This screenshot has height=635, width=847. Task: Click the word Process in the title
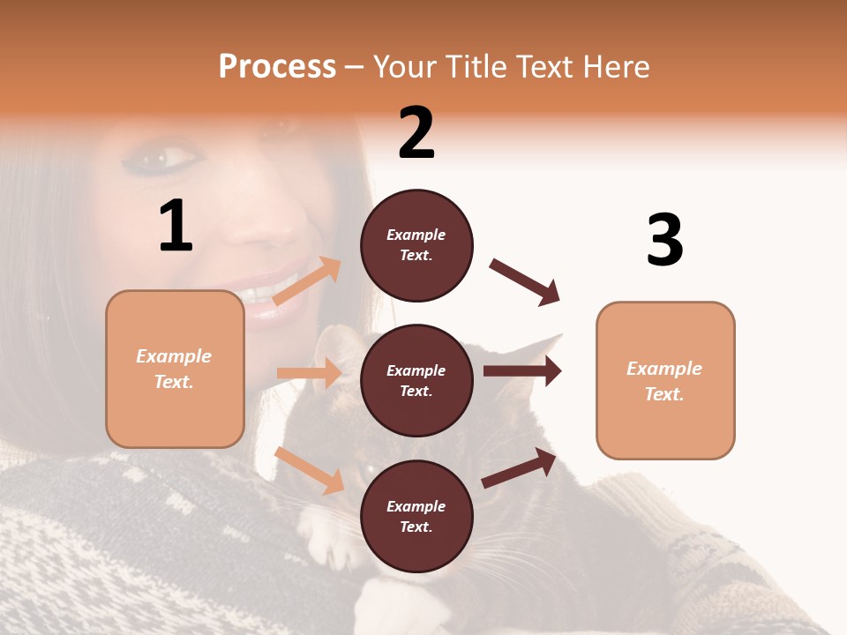click(x=277, y=67)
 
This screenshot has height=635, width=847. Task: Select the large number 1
click(x=176, y=227)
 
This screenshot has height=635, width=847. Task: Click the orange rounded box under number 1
click(x=175, y=369)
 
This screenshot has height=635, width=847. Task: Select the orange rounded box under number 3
click(x=665, y=381)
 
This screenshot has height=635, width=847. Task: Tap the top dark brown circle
click(x=416, y=245)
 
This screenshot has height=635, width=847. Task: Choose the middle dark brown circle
click(x=416, y=381)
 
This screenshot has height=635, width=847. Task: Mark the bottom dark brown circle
click(x=416, y=517)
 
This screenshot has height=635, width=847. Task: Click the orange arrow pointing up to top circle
click(x=307, y=280)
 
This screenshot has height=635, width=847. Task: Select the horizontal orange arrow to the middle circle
click(x=310, y=373)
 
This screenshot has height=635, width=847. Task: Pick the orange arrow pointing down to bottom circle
click(x=310, y=469)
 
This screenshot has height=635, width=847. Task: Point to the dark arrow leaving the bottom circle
click(x=520, y=468)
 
